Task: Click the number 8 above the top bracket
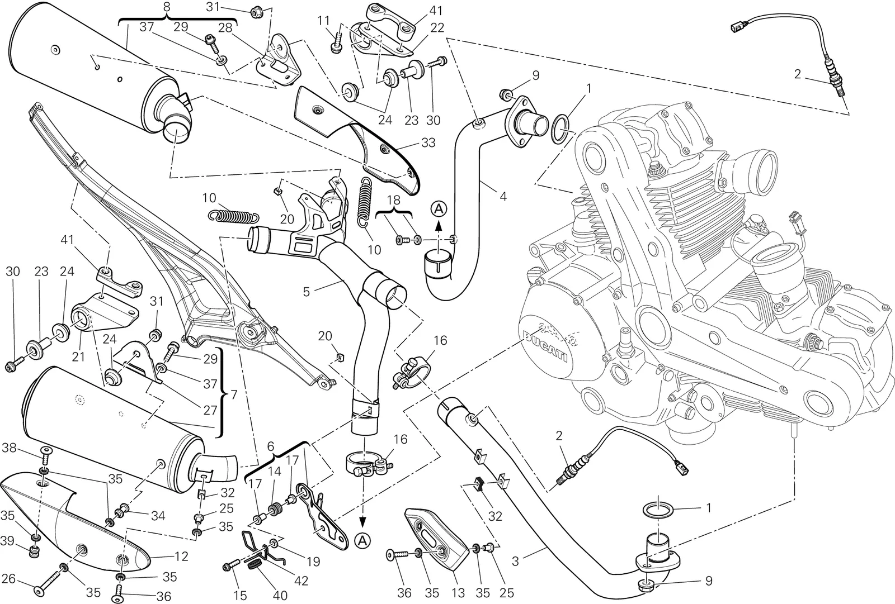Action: click(167, 7)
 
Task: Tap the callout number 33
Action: click(428, 142)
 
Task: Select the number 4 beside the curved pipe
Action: click(503, 197)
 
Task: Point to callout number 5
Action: click(307, 292)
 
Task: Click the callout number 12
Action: click(181, 556)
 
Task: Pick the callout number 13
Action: click(458, 593)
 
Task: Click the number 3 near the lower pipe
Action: click(515, 562)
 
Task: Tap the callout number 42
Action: click(301, 581)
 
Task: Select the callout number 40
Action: click(280, 596)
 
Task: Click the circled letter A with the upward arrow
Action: click(439, 209)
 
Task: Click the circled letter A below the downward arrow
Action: click(362, 540)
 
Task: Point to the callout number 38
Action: click(9, 448)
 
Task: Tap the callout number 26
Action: click(9, 578)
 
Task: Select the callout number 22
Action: click(437, 27)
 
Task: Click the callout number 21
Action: click(78, 356)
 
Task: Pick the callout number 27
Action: click(210, 410)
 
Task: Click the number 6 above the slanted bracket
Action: click(271, 446)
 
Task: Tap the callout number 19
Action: click(313, 562)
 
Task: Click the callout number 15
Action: click(240, 596)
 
